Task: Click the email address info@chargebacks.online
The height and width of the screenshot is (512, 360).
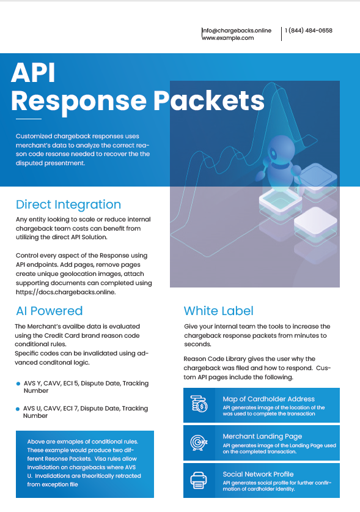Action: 237,31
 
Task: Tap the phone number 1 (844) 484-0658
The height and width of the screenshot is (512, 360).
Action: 309,31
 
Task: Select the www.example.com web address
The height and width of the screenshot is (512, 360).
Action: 228,38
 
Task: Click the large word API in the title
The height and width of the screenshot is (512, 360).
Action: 33,73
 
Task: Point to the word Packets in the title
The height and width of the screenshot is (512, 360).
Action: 209,100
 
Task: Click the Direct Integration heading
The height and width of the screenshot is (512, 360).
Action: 68,205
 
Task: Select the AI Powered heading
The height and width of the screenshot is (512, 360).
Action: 50,311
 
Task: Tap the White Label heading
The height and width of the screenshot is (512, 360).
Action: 219,311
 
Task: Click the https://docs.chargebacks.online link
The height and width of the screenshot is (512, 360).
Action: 65,292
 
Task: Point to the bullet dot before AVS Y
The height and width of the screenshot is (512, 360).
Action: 18,384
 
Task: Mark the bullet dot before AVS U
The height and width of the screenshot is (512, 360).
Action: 18,409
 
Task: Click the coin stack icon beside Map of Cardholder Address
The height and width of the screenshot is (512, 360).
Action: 199,404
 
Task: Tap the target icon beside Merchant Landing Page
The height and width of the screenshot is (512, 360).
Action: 199,442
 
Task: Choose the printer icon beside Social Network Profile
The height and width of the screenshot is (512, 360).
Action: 199,480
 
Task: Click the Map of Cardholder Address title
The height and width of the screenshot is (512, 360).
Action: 268,399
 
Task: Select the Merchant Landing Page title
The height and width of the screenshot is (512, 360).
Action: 262,437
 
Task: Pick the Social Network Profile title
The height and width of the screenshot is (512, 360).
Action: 258,474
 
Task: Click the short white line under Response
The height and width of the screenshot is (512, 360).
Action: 29,119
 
